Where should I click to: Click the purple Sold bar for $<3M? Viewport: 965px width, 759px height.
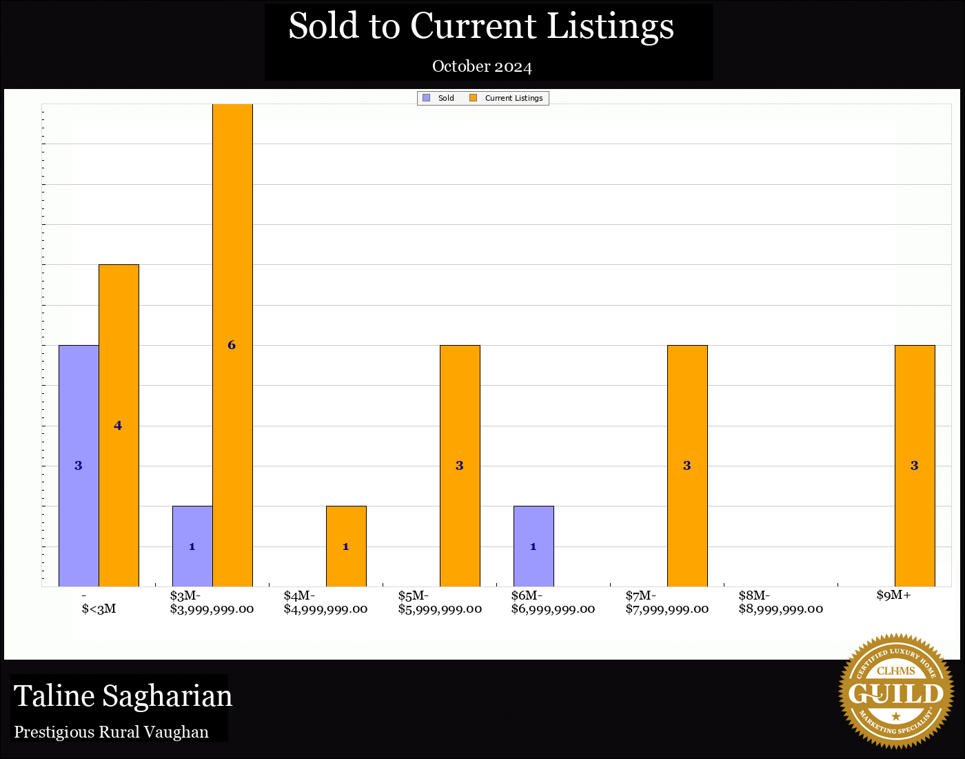[x=79, y=466]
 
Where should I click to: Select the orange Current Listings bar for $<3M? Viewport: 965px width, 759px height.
[x=119, y=425]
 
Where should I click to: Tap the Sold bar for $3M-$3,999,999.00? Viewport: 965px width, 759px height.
[x=192, y=546]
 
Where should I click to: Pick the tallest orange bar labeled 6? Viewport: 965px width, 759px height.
[x=232, y=345]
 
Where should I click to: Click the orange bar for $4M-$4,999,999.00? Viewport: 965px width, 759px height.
[x=346, y=546]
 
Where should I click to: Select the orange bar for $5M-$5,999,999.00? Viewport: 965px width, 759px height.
[x=460, y=466]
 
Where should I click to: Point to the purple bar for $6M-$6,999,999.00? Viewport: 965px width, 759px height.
[x=534, y=546]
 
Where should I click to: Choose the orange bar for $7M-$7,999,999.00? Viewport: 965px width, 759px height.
[x=687, y=466]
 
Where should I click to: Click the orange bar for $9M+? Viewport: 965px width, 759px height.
[x=915, y=466]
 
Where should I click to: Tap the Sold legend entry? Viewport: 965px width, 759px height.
[x=439, y=98]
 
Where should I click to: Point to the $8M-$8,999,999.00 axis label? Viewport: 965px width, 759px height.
[x=780, y=602]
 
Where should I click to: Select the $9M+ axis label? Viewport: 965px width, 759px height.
[x=894, y=595]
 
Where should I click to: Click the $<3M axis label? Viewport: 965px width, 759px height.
[x=99, y=602]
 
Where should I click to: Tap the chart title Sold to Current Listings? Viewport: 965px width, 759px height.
[x=481, y=26]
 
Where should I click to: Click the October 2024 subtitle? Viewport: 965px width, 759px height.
[x=482, y=67]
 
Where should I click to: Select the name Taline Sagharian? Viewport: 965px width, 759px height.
[x=123, y=696]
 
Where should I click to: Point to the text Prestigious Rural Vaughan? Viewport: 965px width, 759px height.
[x=112, y=732]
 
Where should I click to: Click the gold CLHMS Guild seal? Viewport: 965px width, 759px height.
[x=896, y=691]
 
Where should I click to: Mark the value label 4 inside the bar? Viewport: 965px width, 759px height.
[x=118, y=426]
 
